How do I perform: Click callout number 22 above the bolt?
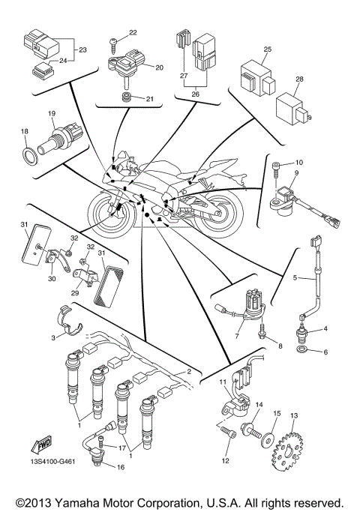pyautogui.click(x=133, y=32)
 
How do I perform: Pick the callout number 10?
pyautogui.click(x=298, y=161)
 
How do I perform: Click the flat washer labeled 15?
pyautogui.click(x=266, y=439)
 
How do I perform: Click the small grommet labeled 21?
pyautogui.click(x=128, y=98)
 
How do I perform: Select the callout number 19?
pyautogui.click(x=52, y=113)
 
